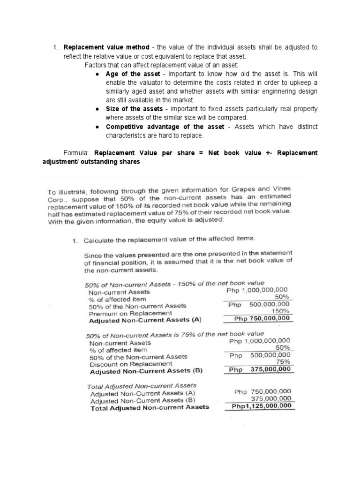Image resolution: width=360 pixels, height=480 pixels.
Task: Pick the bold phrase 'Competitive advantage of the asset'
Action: (x=165, y=127)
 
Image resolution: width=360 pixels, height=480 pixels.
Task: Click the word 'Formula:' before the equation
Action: (x=76, y=153)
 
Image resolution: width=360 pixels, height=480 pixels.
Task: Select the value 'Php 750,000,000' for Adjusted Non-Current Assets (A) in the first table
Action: (x=262, y=318)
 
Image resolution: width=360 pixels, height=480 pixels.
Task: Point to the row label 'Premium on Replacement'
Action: (x=124, y=313)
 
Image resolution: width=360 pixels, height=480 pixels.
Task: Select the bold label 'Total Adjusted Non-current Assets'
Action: (x=150, y=407)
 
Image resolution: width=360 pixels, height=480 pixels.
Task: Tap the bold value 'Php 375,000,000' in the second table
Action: (x=262, y=369)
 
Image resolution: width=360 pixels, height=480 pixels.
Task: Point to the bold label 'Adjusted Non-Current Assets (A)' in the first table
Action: (x=145, y=321)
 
